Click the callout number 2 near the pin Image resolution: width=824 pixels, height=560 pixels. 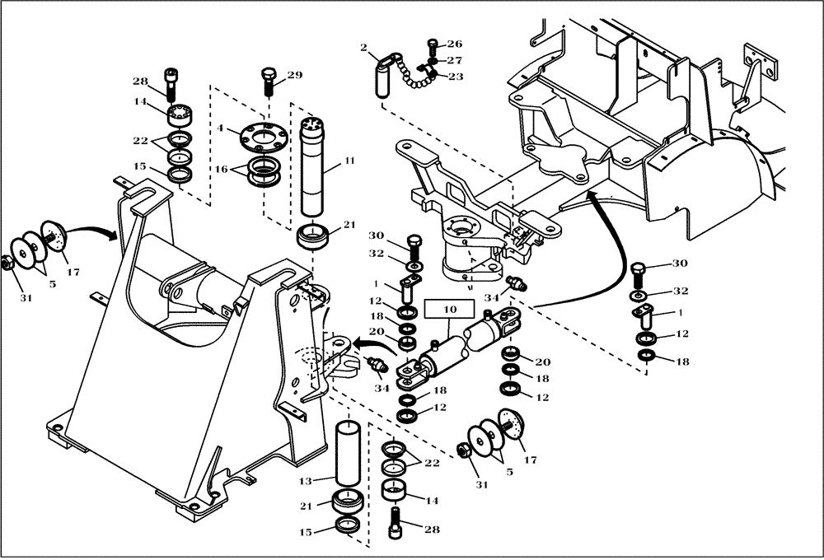tap(363, 47)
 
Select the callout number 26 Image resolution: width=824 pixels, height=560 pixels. tap(454, 44)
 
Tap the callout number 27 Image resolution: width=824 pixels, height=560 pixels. tap(454, 60)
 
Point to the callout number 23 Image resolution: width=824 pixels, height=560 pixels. tap(454, 77)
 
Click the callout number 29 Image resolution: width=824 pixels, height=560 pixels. tap(294, 76)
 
